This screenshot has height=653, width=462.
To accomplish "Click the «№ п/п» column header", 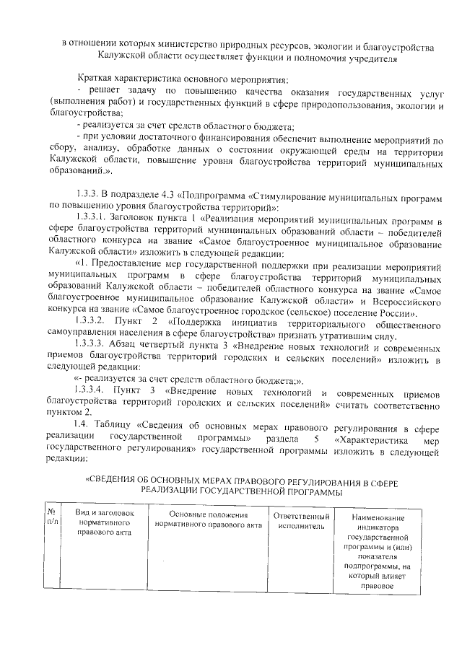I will (x=51, y=517).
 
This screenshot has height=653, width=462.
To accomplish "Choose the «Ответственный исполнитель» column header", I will (x=302, y=522).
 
